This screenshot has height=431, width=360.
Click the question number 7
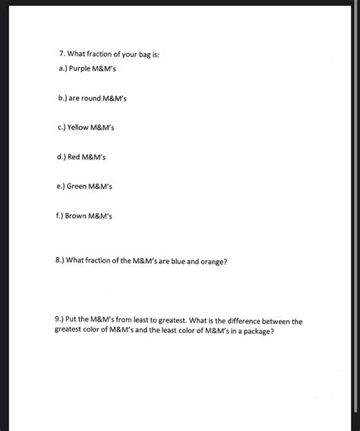point(61,55)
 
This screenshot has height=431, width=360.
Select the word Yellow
point(81,127)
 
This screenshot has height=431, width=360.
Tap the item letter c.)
point(62,127)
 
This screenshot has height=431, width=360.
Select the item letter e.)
point(62,185)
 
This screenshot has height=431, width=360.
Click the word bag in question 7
point(143,55)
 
